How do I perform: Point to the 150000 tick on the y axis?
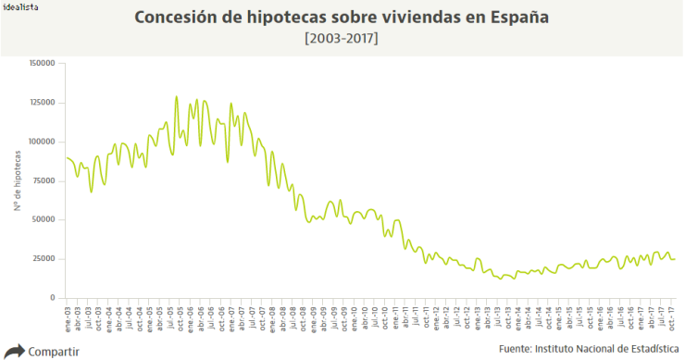click(43, 63)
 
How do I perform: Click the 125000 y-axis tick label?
click(43, 103)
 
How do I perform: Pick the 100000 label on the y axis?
click(43, 142)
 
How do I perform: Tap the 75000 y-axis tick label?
click(44, 180)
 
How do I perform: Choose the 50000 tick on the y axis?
click(44, 220)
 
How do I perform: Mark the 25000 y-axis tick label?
click(44, 259)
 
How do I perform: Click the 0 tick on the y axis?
click(53, 298)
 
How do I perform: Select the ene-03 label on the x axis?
click(68, 317)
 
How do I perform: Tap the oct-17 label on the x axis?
click(671, 317)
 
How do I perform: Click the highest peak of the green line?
click(176, 97)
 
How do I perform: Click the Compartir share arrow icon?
click(14, 351)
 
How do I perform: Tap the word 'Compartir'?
click(54, 352)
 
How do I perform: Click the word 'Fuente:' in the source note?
click(514, 349)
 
